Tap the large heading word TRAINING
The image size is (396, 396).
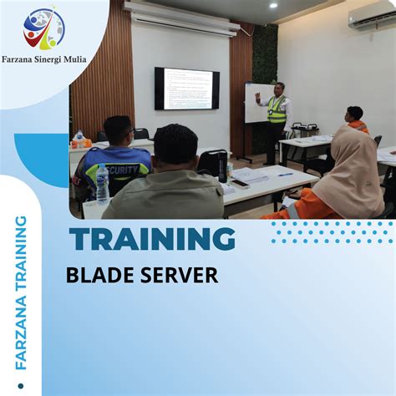(151, 240)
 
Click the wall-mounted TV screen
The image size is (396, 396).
(186, 89)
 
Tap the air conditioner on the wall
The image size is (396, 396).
(372, 18)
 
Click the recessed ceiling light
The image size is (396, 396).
(272, 5)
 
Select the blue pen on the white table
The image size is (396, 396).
(285, 174)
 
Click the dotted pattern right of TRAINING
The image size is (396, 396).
(330, 232)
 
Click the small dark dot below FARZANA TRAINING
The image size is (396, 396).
(22, 386)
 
